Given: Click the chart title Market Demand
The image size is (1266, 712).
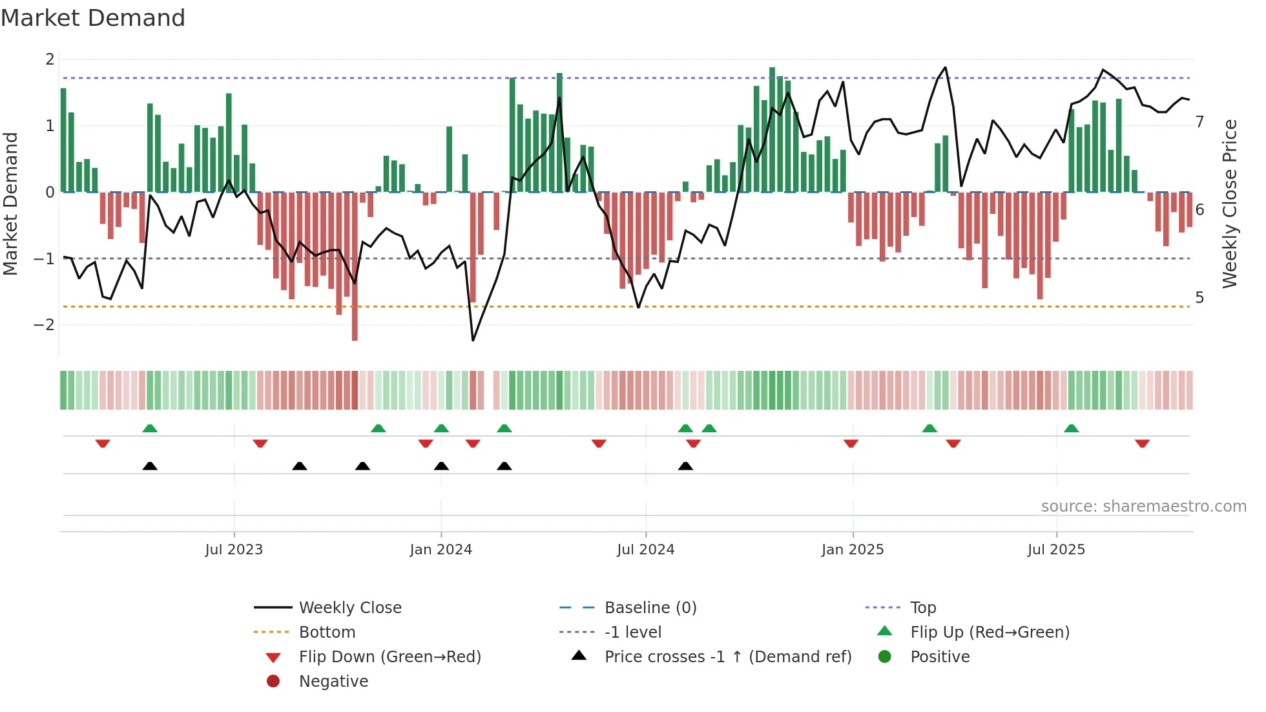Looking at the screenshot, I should pyautogui.click(x=93, y=18).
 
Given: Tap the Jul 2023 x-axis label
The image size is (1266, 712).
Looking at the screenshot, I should pyautogui.click(x=234, y=550).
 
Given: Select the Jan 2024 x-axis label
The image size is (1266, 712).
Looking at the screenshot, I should pyautogui.click(x=441, y=550).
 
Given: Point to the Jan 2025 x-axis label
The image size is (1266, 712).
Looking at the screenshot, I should pyautogui.click(x=852, y=550).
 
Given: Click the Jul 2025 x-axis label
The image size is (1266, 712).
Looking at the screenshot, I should pyautogui.click(x=1056, y=550).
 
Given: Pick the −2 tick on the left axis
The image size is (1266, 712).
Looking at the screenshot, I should pyautogui.click(x=44, y=325).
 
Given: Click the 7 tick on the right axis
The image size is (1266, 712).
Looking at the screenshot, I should pyautogui.click(x=1199, y=122).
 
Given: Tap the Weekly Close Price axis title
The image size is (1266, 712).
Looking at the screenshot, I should pyautogui.click(x=1230, y=204).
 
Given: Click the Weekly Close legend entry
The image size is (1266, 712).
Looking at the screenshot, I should pyautogui.click(x=349, y=608).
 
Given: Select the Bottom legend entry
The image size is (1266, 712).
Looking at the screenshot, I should pyautogui.click(x=327, y=633).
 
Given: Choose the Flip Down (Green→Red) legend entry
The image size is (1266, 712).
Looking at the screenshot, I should pyautogui.click(x=389, y=657).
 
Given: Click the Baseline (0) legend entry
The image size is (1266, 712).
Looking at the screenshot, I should pyautogui.click(x=650, y=608).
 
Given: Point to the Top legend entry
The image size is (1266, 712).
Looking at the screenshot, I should pyautogui.click(x=922, y=608).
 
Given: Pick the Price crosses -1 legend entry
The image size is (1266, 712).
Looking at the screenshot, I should pyautogui.click(x=727, y=657).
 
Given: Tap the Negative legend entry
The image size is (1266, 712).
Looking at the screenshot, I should pyautogui.click(x=333, y=682).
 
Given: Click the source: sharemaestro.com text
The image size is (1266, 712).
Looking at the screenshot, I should pyautogui.click(x=1143, y=507).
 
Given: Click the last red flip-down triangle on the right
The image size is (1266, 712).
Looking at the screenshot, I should pyautogui.click(x=1142, y=443).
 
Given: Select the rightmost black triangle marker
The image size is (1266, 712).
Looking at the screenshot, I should pyautogui.click(x=685, y=466).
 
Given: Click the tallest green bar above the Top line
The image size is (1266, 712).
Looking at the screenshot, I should pyautogui.click(x=772, y=129).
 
